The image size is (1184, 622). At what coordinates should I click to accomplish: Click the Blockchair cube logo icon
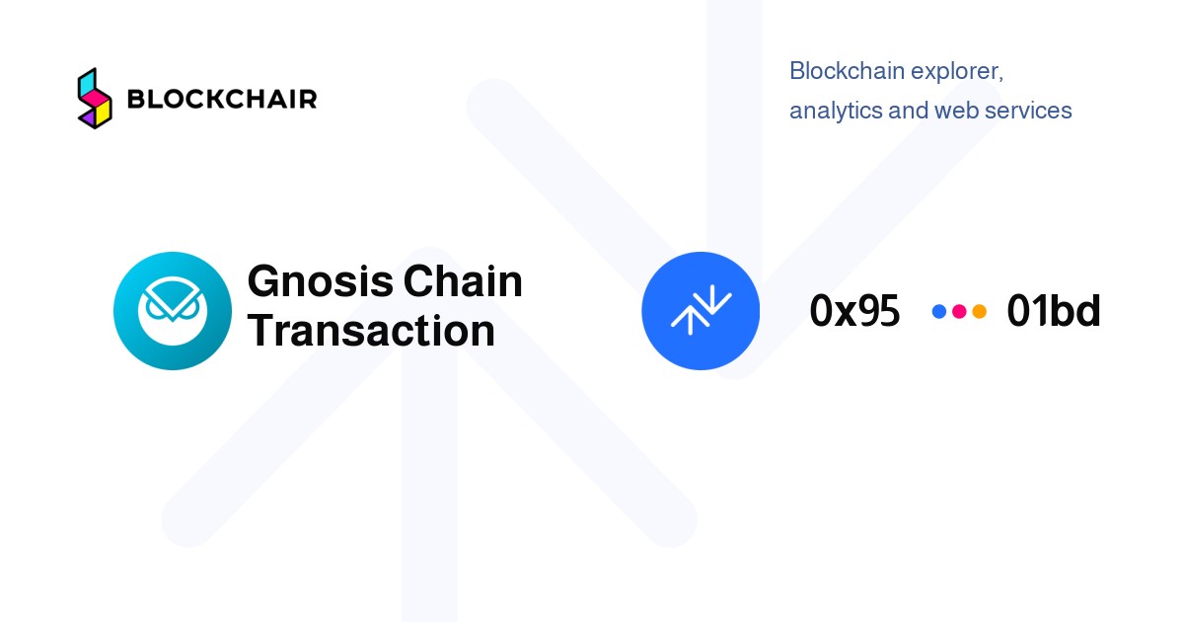pyautogui.click(x=95, y=99)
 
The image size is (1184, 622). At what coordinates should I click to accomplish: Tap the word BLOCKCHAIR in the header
pyautogui.click(x=222, y=99)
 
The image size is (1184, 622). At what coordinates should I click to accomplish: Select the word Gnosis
pyautogui.click(x=321, y=281)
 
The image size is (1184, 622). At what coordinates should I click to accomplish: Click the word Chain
pyautogui.click(x=463, y=280)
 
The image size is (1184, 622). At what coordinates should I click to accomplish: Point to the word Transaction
pyautogui.click(x=371, y=331)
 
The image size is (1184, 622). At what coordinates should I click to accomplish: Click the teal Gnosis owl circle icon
pyautogui.click(x=173, y=311)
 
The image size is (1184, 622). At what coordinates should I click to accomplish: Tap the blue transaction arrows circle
pyautogui.click(x=701, y=311)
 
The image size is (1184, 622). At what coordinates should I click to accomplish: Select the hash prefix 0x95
pyautogui.click(x=854, y=311)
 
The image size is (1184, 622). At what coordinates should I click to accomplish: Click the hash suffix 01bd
pyautogui.click(x=1054, y=310)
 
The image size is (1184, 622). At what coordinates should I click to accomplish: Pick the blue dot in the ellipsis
pyautogui.click(x=938, y=312)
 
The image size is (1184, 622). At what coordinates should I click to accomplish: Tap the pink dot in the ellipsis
pyautogui.click(x=959, y=312)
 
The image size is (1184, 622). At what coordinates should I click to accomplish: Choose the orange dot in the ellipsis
pyautogui.click(x=979, y=312)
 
